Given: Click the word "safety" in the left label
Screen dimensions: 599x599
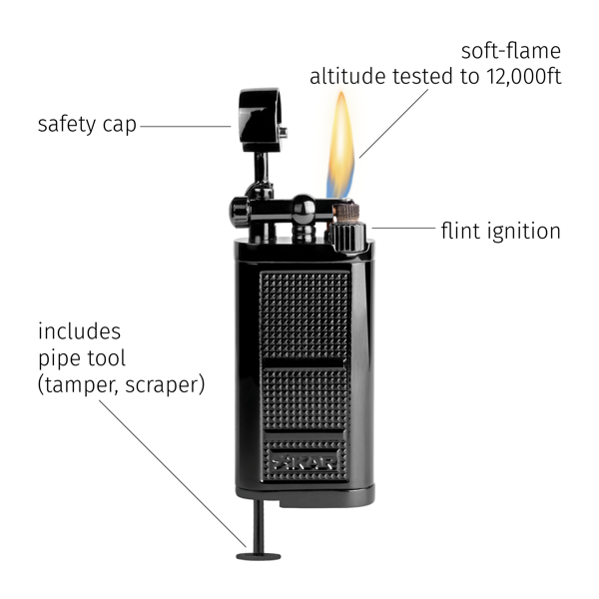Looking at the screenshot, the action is pyautogui.click(x=67, y=125).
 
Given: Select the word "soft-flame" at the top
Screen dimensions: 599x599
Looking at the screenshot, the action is pyautogui.click(x=511, y=51).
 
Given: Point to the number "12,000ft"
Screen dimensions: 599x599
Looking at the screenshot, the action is pyautogui.click(x=524, y=76).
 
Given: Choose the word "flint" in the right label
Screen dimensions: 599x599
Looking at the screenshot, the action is pyautogui.click(x=460, y=231).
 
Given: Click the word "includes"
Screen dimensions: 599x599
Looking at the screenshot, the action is pyautogui.click(x=79, y=330).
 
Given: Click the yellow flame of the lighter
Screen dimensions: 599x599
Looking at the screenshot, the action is pyautogui.click(x=340, y=145).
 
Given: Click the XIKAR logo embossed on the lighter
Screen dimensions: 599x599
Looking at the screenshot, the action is pyautogui.click(x=304, y=462).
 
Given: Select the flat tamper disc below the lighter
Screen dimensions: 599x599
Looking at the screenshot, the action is pyautogui.click(x=259, y=556).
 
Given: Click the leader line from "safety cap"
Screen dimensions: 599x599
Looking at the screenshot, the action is pyautogui.click(x=186, y=126).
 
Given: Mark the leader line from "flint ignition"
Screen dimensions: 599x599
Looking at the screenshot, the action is pyautogui.click(x=403, y=228).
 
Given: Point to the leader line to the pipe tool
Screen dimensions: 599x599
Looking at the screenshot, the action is pyautogui.click(x=173, y=473).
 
